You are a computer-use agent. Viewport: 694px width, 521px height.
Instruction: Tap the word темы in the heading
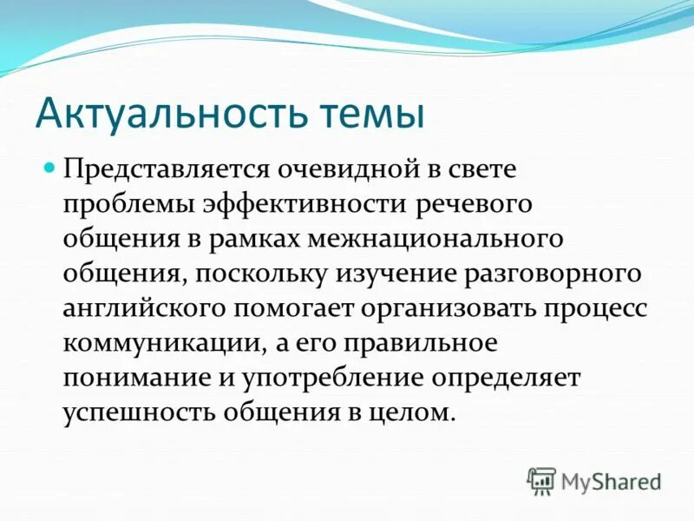coord(363,114)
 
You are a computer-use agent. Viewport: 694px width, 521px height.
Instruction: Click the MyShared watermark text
coord(611,480)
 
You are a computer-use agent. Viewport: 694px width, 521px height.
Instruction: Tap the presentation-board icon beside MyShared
coord(541,480)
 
